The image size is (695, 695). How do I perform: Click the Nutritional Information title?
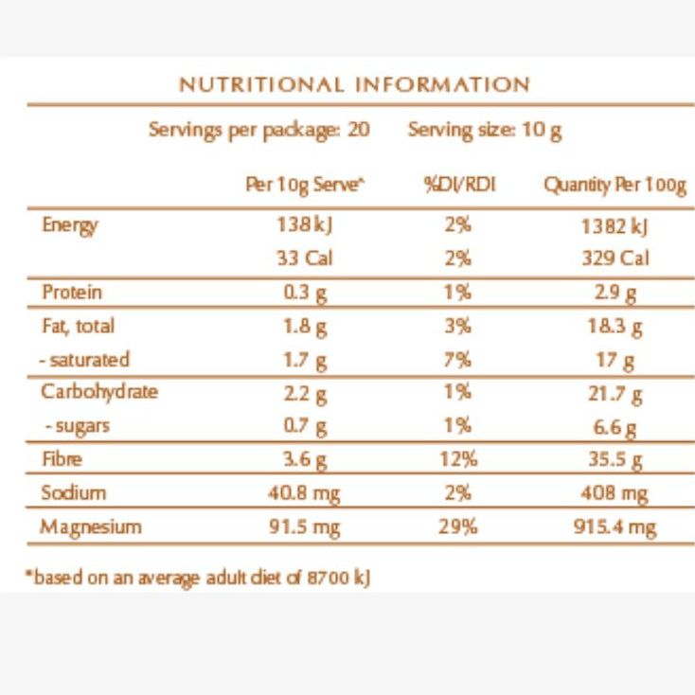[x=354, y=84]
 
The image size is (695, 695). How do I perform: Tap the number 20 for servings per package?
[x=359, y=130]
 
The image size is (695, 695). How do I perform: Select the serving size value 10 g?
[x=542, y=131]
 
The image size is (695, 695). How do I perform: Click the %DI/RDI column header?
[x=459, y=185]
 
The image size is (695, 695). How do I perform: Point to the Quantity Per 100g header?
[x=615, y=186]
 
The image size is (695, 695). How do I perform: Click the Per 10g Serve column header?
[x=305, y=186]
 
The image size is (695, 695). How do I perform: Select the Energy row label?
[x=69, y=225]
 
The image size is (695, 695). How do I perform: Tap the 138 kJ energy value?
[x=305, y=224]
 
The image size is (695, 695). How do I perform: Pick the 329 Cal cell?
[x=615, y=258]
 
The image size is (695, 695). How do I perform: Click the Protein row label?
[x=72, y=292]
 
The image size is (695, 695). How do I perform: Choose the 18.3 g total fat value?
[x=615, y=327]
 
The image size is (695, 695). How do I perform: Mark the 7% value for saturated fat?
[x=458, y=360]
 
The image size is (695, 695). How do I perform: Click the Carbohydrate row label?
[x=99, y=393]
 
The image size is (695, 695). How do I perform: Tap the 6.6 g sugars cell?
[x=615, y=428]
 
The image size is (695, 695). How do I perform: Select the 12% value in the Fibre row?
[x=458, y=458]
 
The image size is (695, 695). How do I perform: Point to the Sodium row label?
[x=74, y=492]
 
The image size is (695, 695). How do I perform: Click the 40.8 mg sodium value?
[x=304, y=493]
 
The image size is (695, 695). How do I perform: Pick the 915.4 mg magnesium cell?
[x=615, y=527]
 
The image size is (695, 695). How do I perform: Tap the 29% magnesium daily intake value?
[x=458, y=526]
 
